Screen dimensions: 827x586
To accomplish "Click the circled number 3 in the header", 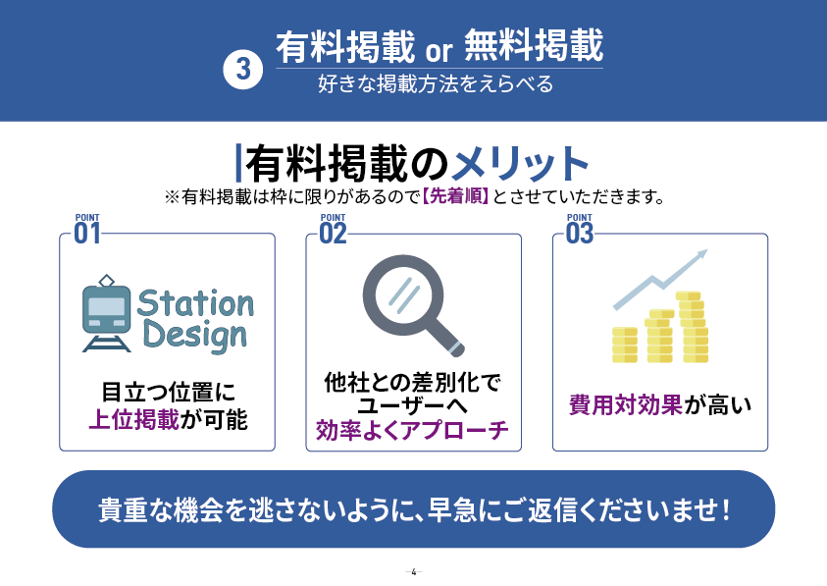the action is click(x=243, y=69).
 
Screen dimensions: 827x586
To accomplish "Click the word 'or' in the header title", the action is click(x=439, y=51).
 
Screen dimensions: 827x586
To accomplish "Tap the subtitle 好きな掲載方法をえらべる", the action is click(x=436, y=84).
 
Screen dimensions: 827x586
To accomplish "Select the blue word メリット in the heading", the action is click(x=520, y=163).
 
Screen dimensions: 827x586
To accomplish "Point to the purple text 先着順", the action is click(x=456, y=196).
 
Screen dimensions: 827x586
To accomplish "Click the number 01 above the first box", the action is click(x=87, y=234).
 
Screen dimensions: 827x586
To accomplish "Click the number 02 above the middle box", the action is click(x=334, y=234).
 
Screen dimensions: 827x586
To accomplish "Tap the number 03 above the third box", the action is click(x=580, y=234).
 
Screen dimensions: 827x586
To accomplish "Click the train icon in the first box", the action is click(x=107, y=313).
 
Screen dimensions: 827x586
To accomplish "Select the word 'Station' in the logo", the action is click(x=195, y=303).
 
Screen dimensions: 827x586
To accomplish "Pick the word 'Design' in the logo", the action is click(x=194, y=337).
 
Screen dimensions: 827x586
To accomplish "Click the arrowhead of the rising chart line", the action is click(x=701, y=255).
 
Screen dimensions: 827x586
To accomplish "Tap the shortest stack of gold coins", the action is click(x=625, y=345).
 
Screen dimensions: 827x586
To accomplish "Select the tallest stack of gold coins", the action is click(x=694, y=327).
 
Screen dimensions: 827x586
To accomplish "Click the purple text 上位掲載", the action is click(x=134, y=420).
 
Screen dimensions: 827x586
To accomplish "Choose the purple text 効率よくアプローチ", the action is click(x=412, y=430).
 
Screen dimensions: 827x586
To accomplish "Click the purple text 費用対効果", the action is click(x=626, y=405).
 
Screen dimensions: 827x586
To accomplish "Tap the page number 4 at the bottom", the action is click(x=414, y=571).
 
